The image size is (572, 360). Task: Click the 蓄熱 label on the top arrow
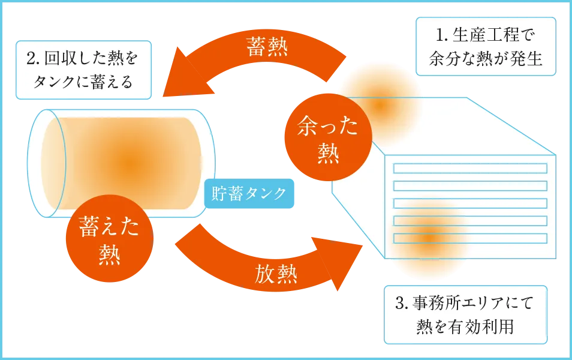coord(266,47)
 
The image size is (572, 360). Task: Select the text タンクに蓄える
coord(83,82)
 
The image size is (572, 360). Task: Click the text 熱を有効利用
coord(465,327)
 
